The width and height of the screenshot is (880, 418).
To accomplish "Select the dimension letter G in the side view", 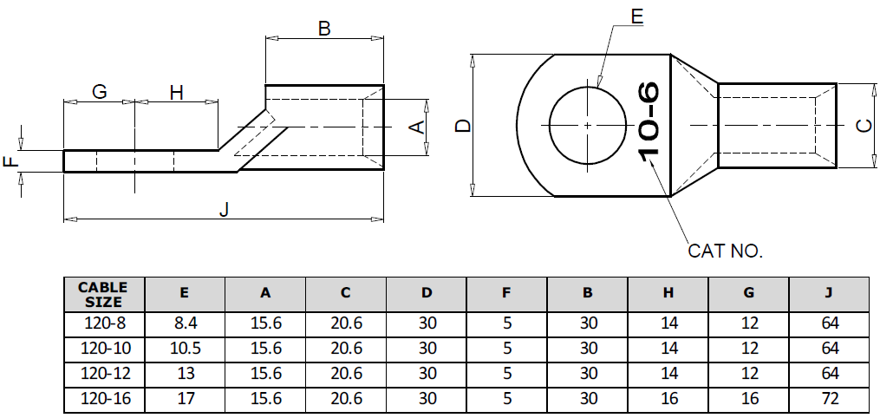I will tap(99, 91).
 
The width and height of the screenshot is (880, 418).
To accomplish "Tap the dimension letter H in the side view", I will tap(176, 91).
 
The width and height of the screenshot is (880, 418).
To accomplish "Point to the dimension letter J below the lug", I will tap(224, 209).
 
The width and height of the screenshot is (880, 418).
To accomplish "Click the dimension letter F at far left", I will tap(11, 162).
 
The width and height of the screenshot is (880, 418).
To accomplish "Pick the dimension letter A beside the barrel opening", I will tap(416, 127).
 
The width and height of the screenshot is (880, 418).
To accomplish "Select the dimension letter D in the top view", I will tap(463, 127).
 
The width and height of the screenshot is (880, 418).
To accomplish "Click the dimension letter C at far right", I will tap(863, 127).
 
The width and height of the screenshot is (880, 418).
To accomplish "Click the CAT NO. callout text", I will tap(725, 251).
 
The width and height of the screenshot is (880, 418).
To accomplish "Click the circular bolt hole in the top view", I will tap(587, 126).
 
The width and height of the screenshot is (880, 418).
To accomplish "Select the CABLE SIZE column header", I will tap(103, 294).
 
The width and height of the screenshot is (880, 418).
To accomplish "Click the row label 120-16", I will tap(103, 400).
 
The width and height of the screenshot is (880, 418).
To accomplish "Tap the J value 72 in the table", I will tap(828, 400).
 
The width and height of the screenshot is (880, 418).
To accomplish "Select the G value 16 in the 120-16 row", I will tap(748, 400).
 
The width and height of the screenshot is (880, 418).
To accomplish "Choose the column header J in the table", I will tap(828, 294).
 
